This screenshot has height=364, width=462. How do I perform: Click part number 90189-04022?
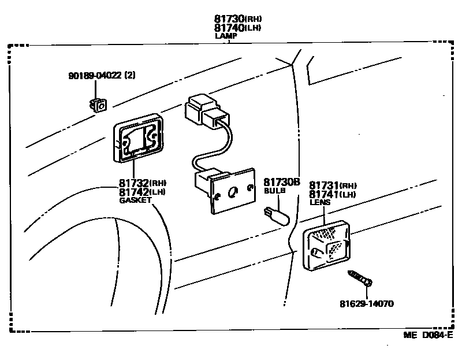coord(101,75)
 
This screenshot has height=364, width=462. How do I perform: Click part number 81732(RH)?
coord(142,184)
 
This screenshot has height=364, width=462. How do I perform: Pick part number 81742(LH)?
coord(142,192)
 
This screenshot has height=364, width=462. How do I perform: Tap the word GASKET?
coord(135,200)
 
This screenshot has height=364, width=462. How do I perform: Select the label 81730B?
coord(282,182)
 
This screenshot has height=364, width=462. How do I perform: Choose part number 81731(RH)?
coord(333,185)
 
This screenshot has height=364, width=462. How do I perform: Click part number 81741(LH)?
coord(333,195)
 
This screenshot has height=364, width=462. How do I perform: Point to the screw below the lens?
coord(360,278)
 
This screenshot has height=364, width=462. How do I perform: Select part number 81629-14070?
coord(366,303)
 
